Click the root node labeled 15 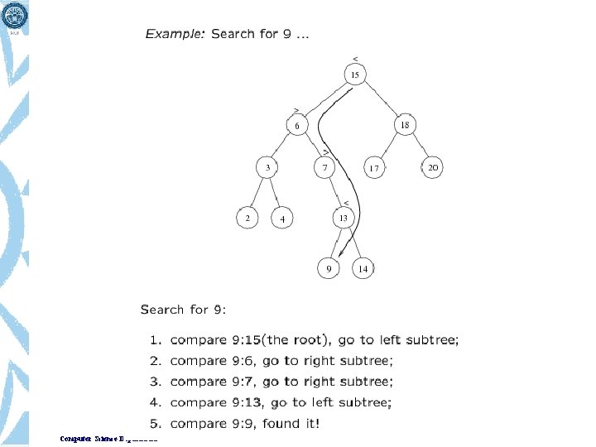[x=355, y=75]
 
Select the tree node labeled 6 [x=297, y=125]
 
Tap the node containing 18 [x=404, y=125]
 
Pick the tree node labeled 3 [x=267, y=167]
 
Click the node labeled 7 [x=325, y=168]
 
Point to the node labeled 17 [x=374, y=168]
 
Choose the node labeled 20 [x=432, y=167]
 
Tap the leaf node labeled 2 [x=247, y=218]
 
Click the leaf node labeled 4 [x=281, y=219]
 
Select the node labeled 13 [x=344, y=218]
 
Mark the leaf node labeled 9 [x=329, y=269]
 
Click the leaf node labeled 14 [x=363, y=269]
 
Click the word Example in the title [x=175, y=34]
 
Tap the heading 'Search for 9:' [x=183, y=310]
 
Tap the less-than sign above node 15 [x=355, y=58]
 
